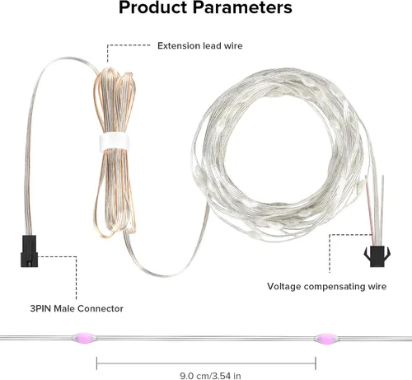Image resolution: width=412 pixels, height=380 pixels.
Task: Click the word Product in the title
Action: click(152, 7)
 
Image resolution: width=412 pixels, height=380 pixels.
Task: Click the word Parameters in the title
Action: click(242, 7)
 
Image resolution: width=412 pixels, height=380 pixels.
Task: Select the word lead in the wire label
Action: click(212, 45)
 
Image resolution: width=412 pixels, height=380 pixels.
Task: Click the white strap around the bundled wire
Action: click(115, 142)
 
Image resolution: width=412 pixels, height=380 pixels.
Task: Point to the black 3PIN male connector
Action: click(29, 251)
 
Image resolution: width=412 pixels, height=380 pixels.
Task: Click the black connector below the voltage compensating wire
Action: click(377, 256)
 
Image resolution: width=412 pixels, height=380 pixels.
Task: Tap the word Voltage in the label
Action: click(284, 286)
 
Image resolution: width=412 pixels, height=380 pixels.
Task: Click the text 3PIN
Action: click(40, 308)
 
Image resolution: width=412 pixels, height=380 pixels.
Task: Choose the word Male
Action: click(64, 308)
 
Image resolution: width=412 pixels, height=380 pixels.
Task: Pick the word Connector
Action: click(101, 308)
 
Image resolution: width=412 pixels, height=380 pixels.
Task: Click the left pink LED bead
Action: click(84, 338)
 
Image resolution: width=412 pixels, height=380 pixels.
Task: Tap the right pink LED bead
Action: click(326, 338)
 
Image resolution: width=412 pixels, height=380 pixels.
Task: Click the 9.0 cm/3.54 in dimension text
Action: click(210, 376)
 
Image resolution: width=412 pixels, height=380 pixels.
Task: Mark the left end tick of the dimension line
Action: click(96, 364)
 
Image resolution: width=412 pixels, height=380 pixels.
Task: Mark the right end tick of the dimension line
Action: click(316, 364)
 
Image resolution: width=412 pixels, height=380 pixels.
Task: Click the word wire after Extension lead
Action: click(233, 45)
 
